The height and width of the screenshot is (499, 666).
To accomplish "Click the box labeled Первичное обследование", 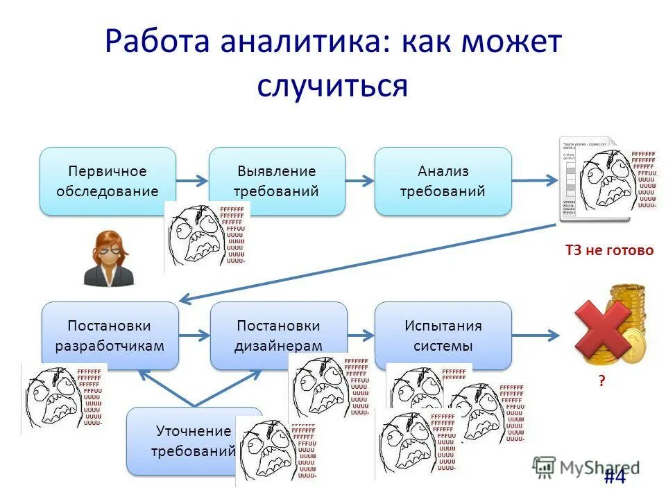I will pos(108,181).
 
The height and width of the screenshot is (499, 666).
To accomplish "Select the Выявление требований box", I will pos(276,181).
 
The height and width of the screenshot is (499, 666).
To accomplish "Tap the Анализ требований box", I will pos(443,181).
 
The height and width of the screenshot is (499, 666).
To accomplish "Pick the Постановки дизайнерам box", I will pos(278,335).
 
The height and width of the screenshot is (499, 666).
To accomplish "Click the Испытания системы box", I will pos(443,335).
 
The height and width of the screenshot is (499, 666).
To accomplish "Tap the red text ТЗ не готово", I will pos(609,250).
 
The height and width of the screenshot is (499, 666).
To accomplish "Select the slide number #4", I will pos(614,478).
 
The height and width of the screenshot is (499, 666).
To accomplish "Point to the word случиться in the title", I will pos(332,87).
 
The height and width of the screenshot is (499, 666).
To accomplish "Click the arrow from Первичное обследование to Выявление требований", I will pos(192,181).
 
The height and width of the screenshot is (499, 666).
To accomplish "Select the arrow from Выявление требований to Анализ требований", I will pos(359,181).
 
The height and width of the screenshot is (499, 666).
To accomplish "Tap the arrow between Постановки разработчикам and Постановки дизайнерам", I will pos(194,335).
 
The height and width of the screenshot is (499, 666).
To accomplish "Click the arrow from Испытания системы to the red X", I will pos(536,335).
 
